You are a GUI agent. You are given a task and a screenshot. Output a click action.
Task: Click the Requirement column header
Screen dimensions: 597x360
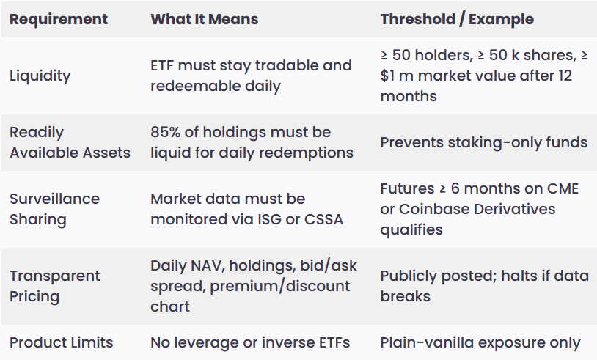click(x=59, y=19)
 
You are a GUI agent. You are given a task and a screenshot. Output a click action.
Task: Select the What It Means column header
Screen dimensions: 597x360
click(x=205, y=19)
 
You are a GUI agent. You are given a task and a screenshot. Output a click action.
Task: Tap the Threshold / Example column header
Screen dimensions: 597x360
click(x=457, y=19)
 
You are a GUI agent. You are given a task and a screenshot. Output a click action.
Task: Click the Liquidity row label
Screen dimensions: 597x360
click(x=40, y=76)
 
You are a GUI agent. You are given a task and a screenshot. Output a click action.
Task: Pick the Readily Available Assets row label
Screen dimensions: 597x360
click(x=70, y=142)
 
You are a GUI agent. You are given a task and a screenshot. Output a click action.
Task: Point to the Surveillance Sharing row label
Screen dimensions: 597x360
click(x=54, y=209)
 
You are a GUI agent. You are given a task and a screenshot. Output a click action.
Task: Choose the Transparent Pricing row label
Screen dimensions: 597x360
click(x=55, y=286)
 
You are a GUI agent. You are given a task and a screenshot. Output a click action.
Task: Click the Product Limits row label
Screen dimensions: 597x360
click(x=62, y=342)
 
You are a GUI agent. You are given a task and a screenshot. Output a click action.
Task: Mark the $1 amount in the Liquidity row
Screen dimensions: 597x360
click(x=387, y=76)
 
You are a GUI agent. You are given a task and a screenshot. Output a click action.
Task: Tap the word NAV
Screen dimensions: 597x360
click(x=205, y=265)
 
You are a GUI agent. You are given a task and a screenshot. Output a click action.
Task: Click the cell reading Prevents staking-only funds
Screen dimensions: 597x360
click(x=484, y=142)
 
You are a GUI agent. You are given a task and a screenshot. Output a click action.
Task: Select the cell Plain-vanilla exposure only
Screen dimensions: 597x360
click(x=480, y=342)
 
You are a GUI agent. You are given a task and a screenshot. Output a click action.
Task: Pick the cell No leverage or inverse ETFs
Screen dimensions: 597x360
click(x=250, y=342)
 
